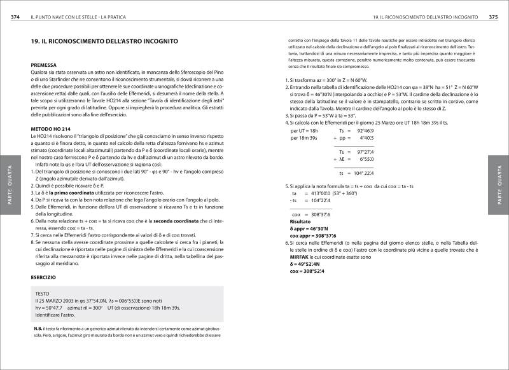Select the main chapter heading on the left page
[104, 41]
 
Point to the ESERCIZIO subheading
[46, 277]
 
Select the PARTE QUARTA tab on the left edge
[8, 184]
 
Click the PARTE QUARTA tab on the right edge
[500, 184]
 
